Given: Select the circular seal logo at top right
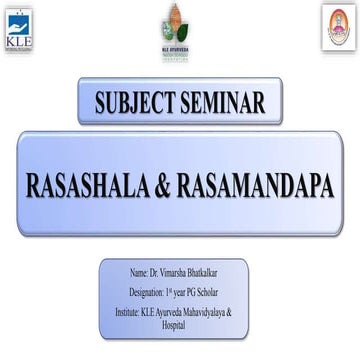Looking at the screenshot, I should [x=338, y=27].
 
